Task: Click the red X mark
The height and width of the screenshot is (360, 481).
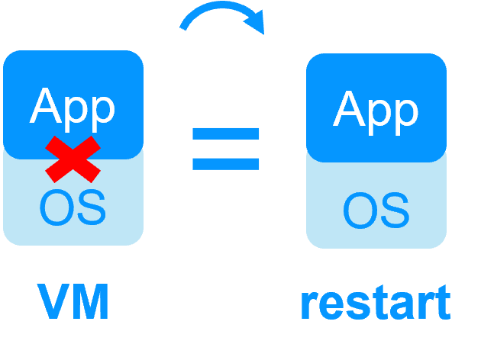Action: pos(73,158)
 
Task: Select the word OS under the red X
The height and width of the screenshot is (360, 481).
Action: pos(73,207)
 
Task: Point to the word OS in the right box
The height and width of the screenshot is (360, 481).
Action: pos(376,210)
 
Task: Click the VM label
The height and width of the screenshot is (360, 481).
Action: pos(73,302)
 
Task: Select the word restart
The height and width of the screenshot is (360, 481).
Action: pos(375,304)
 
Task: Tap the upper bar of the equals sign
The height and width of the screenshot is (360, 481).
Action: pos(226,134)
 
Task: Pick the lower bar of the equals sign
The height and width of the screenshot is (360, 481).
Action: pos(226,163)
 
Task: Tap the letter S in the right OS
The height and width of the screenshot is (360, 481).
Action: pos(394,210)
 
